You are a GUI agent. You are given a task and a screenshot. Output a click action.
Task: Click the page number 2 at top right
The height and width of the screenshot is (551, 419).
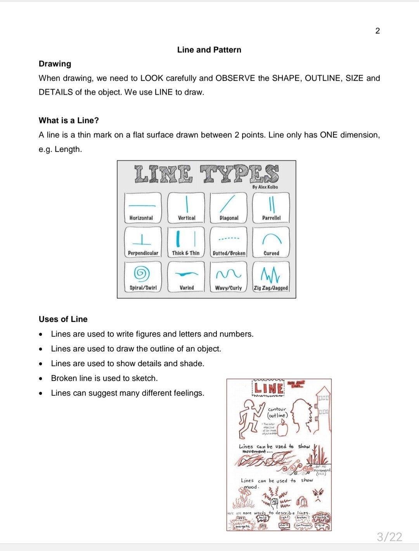tap(377, 31)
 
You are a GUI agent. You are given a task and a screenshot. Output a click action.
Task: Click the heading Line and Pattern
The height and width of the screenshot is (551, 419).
tap(209, 50)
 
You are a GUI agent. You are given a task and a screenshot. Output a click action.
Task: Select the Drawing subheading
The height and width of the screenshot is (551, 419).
tap(55, 64)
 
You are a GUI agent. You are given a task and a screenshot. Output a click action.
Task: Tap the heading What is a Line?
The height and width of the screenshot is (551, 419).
tap(69, 120)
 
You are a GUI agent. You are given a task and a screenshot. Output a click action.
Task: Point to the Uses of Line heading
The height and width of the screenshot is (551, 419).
tap(63, 319)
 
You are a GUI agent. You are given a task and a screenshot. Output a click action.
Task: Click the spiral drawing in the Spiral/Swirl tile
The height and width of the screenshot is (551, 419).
tap(142, 273)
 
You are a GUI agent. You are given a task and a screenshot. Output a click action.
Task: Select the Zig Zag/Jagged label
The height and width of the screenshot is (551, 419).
tap(271, 288)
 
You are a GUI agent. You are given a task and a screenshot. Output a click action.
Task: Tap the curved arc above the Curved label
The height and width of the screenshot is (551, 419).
tap(272, 238)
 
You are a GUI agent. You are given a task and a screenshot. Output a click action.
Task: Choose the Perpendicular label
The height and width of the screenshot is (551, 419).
tap(143, 253)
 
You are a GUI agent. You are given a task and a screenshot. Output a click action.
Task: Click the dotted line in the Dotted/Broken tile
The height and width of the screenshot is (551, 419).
tap(229, 238)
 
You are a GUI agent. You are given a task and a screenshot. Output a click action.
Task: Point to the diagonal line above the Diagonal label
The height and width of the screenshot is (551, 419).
tap(228, 203)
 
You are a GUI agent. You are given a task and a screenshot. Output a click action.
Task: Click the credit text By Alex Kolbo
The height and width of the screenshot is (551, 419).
tap(265, 187)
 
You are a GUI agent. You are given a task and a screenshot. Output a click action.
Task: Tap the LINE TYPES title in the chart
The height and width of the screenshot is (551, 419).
tap(206, 174)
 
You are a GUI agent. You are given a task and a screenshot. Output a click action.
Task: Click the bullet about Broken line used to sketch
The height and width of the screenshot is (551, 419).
tap(104, 378)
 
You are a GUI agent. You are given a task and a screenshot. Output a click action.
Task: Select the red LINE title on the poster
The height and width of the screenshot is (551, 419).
tap(268, 388)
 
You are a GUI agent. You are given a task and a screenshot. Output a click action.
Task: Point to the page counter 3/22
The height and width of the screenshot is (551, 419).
tap(389, 537)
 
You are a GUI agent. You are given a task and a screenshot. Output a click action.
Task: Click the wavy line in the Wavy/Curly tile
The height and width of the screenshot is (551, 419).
tap(229, 275)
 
